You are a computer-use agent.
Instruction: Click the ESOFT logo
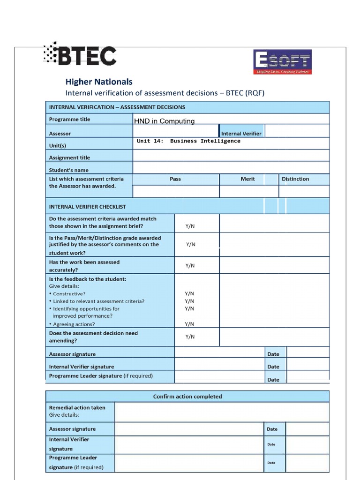pos(282,62)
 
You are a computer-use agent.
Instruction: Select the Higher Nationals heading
pos(98,82)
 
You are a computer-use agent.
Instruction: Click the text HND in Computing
pos(164,121)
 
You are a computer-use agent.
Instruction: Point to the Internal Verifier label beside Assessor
pos(241,134)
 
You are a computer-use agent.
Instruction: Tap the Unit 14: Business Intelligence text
pos(188,141)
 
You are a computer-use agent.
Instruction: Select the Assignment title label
pos(69,158)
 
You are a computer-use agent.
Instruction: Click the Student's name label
pos(68,170)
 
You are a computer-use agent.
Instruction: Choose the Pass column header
pos(175,179)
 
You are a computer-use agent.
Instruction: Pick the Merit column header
pos(247,179)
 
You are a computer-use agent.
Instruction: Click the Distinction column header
pos(295,179)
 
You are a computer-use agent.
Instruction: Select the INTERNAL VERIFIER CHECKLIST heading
pos(87,207)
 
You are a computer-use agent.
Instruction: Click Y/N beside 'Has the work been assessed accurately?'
pos(190,266)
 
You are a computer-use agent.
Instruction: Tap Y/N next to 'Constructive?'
pos(189,294)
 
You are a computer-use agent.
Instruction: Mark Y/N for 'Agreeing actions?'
pos(189,324)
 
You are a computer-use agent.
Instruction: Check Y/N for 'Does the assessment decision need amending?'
pos(190,337)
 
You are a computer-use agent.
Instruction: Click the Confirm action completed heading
pos(187,397)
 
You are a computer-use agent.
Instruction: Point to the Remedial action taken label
pos(77,408)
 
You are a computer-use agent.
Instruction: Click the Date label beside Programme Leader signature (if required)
pos(273,380)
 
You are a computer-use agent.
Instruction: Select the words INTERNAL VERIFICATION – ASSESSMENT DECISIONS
pos(117,107)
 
